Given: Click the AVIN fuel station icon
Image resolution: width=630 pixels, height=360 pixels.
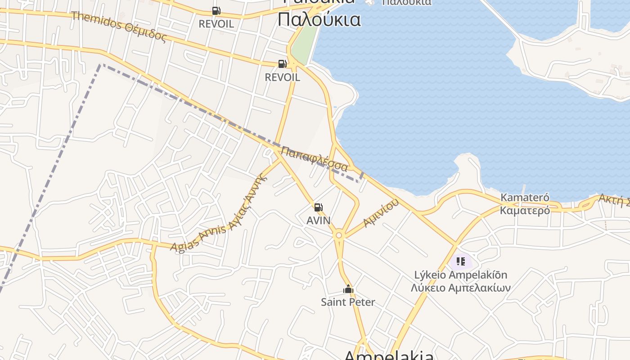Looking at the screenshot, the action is coord(318,207).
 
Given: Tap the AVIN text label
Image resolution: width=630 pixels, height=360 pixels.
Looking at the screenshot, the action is coord(318,220).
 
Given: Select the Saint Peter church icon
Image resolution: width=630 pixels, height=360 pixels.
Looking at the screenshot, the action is coord(348,289).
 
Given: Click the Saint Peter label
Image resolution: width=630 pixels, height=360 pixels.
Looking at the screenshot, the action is coord(348,302).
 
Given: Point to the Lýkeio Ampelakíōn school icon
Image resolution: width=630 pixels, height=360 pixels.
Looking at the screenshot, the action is coord(460,261).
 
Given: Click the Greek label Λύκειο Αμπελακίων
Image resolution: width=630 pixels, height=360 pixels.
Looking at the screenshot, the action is coord(460,288).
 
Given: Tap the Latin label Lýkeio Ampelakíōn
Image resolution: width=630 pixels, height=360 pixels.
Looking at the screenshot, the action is coord(460,274).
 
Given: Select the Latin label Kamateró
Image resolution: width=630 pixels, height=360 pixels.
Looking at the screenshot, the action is coord(525,198).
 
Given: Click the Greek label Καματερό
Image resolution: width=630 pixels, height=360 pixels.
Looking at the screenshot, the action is coord(525,210).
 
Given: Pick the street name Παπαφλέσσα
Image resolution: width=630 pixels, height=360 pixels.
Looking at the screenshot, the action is coord(315,158).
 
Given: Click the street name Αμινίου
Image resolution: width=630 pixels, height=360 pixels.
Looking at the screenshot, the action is coord(381,213).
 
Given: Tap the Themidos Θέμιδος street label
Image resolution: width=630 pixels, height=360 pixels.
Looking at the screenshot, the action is coord(119,26).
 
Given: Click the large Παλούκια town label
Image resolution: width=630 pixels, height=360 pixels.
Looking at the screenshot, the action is coord(319,20).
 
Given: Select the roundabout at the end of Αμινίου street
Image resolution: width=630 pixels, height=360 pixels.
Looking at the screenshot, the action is coord(339,235).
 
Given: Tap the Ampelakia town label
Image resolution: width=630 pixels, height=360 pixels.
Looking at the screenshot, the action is coord(389,355).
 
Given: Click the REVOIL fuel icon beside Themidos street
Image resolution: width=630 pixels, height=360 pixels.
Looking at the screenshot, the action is coord(216,10).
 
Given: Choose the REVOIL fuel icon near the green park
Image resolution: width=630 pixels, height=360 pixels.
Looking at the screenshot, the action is coord(282,64).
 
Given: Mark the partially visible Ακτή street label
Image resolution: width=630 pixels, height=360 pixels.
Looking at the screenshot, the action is coord(614,199).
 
